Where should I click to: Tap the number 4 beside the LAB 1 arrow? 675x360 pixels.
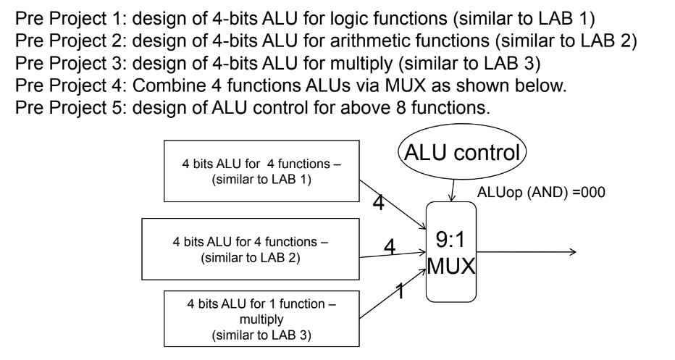pyautogui.click(x=377, y=203)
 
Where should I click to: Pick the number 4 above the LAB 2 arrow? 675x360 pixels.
pyautogui.click(x=390, y=246)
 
